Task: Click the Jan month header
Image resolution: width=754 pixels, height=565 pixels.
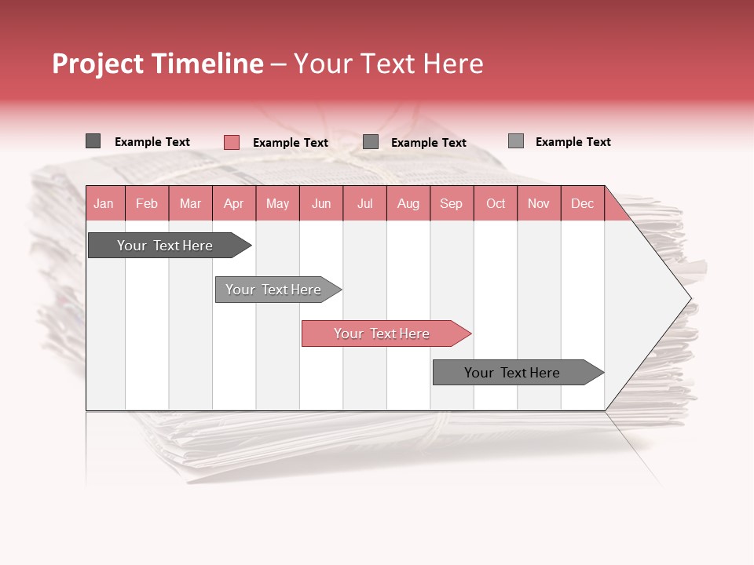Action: coord(104,203)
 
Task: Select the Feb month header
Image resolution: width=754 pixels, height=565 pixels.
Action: coord(147,203)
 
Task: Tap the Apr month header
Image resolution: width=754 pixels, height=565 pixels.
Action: coord(233,203)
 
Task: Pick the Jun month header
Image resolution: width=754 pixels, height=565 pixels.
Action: coord(321,203)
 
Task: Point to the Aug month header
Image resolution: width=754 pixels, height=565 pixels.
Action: coord(408,203)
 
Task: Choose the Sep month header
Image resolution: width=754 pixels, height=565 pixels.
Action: coord(451,203)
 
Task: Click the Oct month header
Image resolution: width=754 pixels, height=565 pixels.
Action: coord(496,203)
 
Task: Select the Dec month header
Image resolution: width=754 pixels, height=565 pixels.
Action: coord(582,203)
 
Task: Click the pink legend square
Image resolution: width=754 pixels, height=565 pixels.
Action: coord(232,142)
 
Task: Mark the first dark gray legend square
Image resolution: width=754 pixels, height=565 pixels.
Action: coord(93,141)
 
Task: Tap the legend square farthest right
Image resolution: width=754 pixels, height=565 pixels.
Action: coord(516,141)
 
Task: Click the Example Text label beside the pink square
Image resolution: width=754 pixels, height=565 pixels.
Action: coord(291,143)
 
